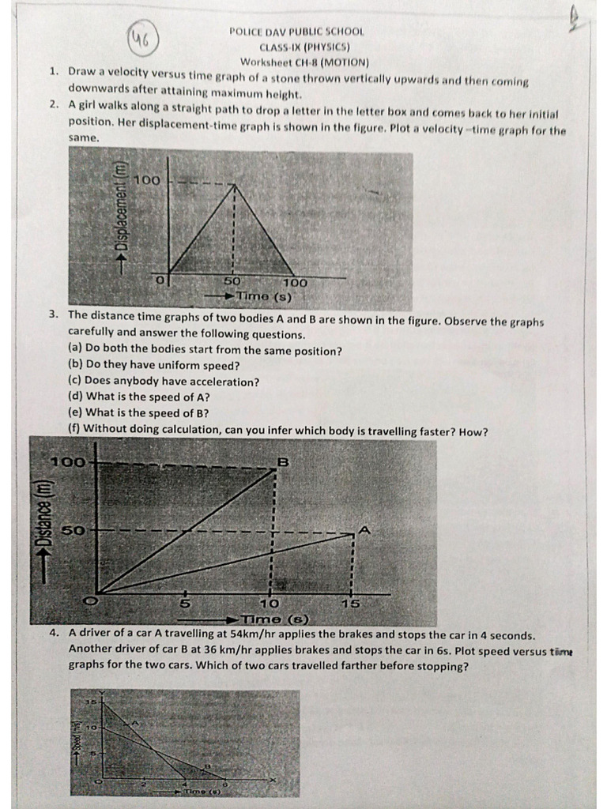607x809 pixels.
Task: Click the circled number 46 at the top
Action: (x=145, y=36)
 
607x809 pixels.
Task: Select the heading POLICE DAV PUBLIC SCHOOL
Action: (x=296, y=32)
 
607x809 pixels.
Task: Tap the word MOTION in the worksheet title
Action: (x=345, y=62)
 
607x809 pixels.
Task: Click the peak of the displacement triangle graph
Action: (x=232, y=185)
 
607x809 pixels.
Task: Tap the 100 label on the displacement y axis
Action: (x=147, y=180)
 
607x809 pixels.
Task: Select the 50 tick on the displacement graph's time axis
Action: (x=232, y=281)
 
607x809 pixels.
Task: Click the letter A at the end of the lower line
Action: (x=364, y=529)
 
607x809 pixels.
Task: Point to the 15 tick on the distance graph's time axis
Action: (x=351, y=604)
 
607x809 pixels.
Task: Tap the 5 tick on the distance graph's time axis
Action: (x=185, y=604)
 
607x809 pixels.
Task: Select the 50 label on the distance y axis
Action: (x=73, y=530)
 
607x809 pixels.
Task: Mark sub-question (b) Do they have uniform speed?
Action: (x=153, y=366)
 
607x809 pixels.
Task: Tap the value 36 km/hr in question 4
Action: (x=225, y=650)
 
